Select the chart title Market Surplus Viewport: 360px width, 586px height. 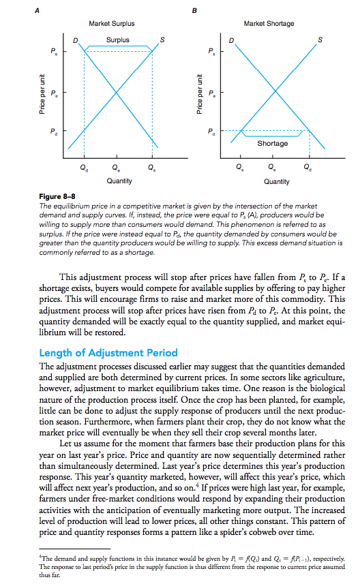click(x=111, y=24)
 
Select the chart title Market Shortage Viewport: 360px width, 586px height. click(x=268, y=24)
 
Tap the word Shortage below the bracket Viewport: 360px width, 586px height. click(x=272, y=143)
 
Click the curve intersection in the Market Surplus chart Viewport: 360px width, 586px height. click(x=118, y=91)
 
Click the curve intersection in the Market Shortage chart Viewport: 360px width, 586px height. click(x=274, y=91)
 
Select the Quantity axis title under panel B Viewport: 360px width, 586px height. click(x=275, y=181)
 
